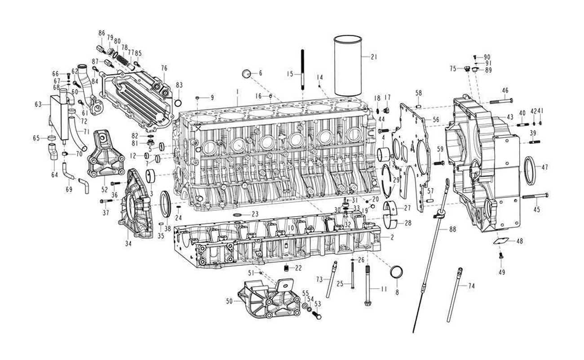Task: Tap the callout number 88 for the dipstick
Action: tap(452, 229)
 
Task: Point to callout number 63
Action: tap(39, 104)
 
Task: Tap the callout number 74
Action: tap(471, 286)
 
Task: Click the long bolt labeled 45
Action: tap(535, 196)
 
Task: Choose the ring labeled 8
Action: tap(397, 272)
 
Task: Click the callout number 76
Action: tap(164, 68)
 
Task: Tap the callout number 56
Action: tap(435, 120)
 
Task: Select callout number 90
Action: tap(487, 57)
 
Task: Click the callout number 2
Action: tap(392, 237)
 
